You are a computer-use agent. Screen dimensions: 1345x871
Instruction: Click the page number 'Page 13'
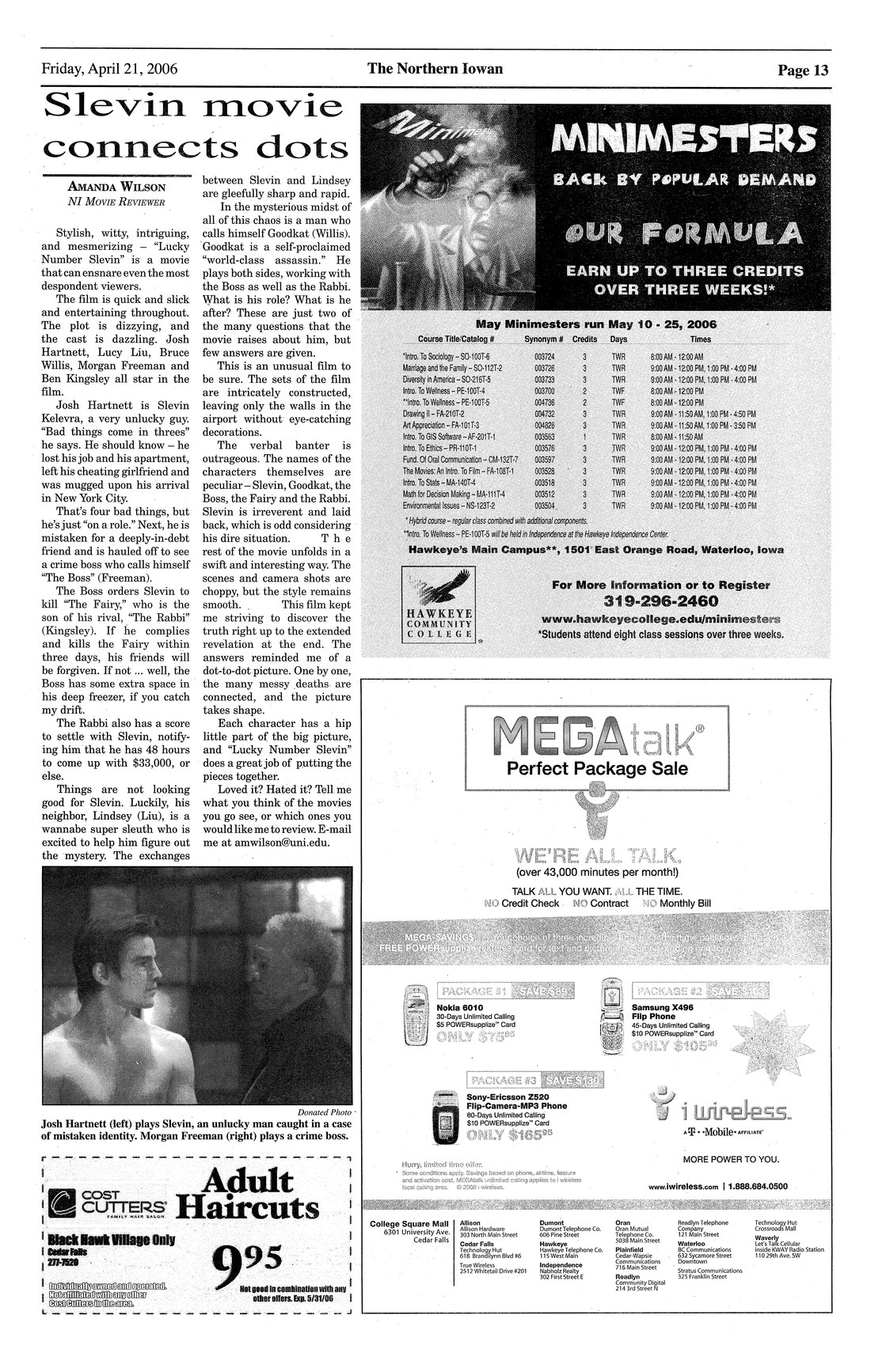[803, 70]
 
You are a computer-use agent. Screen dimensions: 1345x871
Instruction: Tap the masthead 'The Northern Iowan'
[435, 69]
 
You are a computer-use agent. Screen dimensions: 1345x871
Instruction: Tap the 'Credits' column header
[584, 339]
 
